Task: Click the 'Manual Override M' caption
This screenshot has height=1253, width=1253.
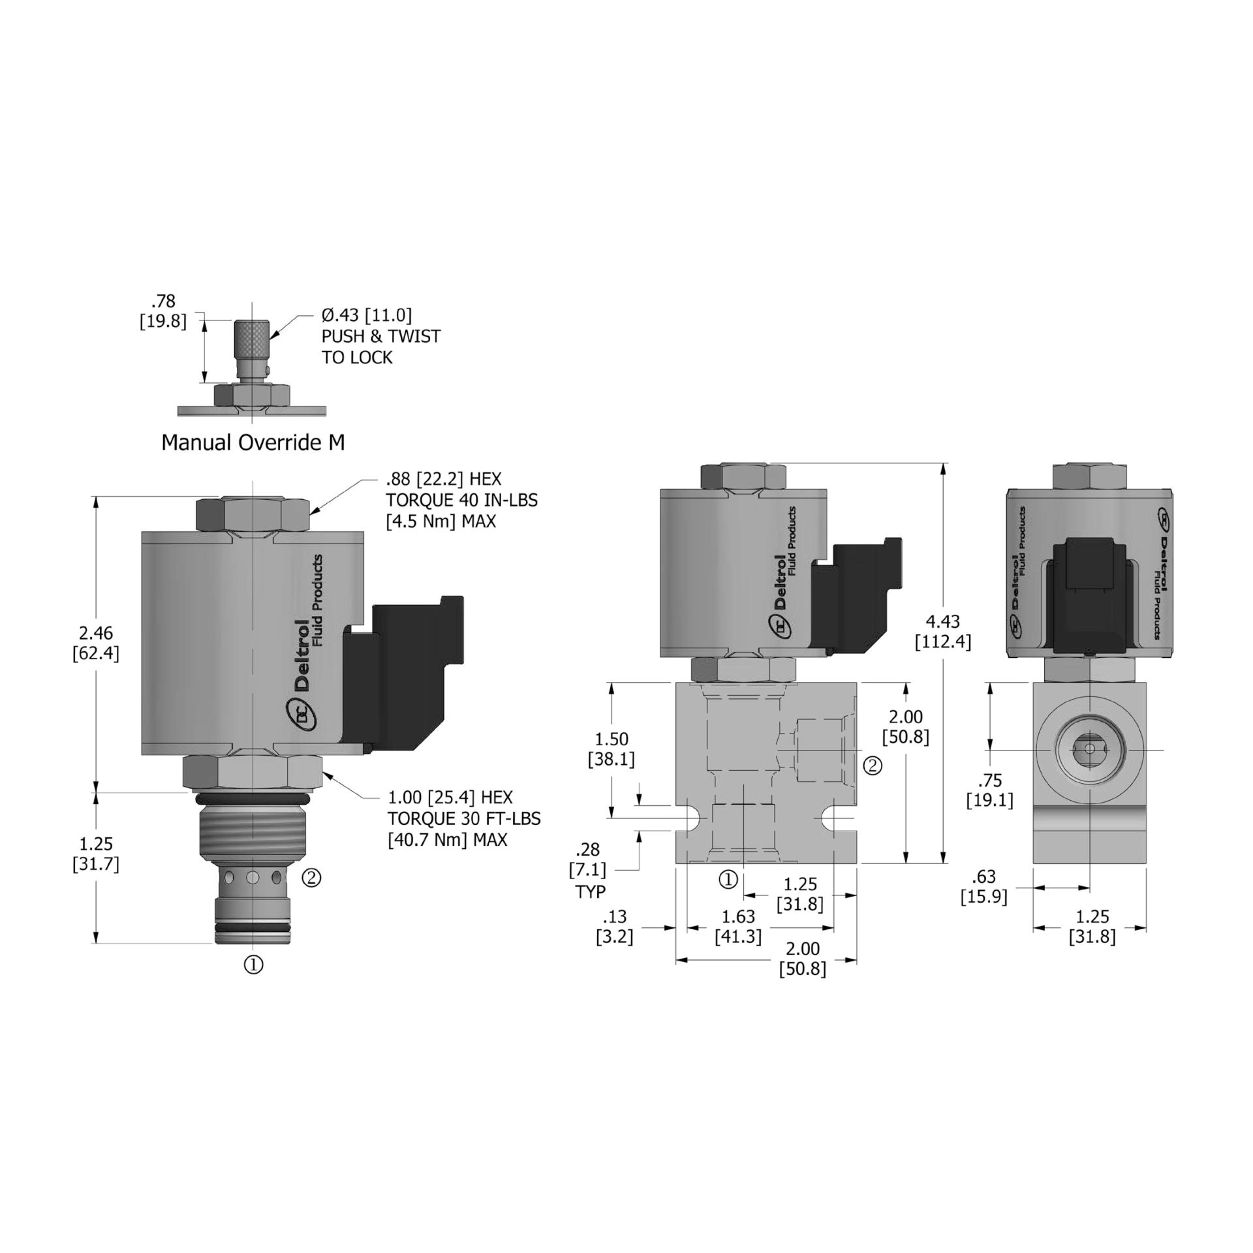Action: pos(253,442)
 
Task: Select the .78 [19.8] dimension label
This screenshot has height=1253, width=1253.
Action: pos(163,311)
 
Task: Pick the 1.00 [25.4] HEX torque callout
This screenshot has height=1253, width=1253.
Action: pos(463,818)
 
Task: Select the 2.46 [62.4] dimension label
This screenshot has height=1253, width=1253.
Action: pos(96,643)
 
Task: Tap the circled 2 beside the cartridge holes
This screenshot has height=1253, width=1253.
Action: pos(311,878)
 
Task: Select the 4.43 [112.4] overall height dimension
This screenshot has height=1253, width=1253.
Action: pos(942,632)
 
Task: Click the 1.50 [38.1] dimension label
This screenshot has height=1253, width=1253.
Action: pos(611,749)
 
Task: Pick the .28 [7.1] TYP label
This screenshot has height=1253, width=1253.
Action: pos(590,870)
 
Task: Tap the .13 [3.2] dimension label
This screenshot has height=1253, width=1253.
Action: pos(615,927)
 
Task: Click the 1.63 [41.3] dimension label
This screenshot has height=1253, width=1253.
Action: pos(738,927)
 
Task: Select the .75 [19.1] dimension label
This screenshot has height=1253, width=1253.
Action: pos(989,790)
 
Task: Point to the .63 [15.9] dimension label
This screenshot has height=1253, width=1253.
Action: pos(983,886)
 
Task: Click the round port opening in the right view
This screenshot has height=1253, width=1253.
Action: pos(1089,750)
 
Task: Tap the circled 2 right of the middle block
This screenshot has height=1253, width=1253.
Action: pos(873,766)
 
